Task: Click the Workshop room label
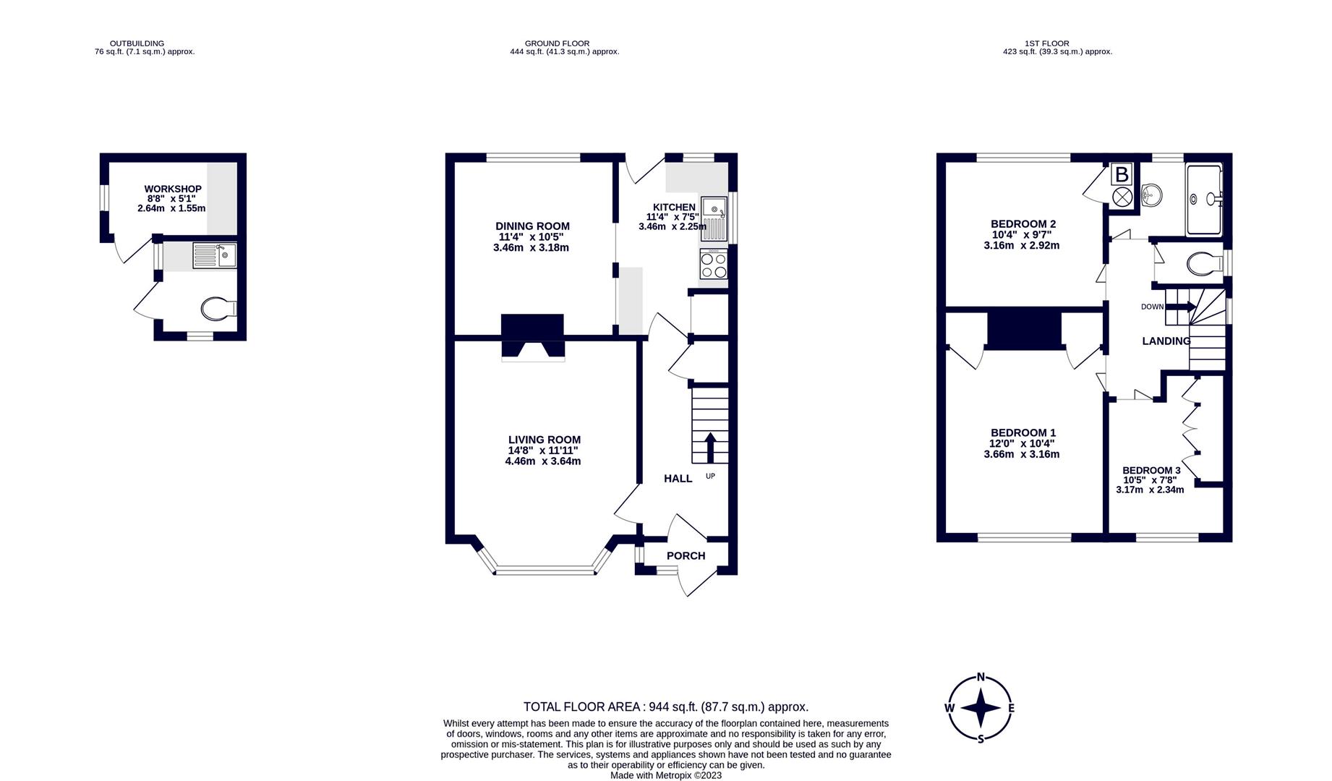pos(172,189)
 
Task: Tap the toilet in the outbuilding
pos(217,310)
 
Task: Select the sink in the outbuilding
pos(215,255)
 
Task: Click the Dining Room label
pos(532,226)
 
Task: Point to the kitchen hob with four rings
pos(714,264)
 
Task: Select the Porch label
pos(686,555)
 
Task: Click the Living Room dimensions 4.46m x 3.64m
pos(542,461)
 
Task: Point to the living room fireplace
pos(533,337)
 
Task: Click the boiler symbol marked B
pos(1122,174)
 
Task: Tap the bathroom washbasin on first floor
pos(1152,194)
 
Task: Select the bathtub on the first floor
pos(1204,200)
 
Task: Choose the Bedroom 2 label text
pos(1023,223)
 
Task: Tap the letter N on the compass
pos(981,678)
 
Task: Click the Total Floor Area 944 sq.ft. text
pos(665,707)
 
